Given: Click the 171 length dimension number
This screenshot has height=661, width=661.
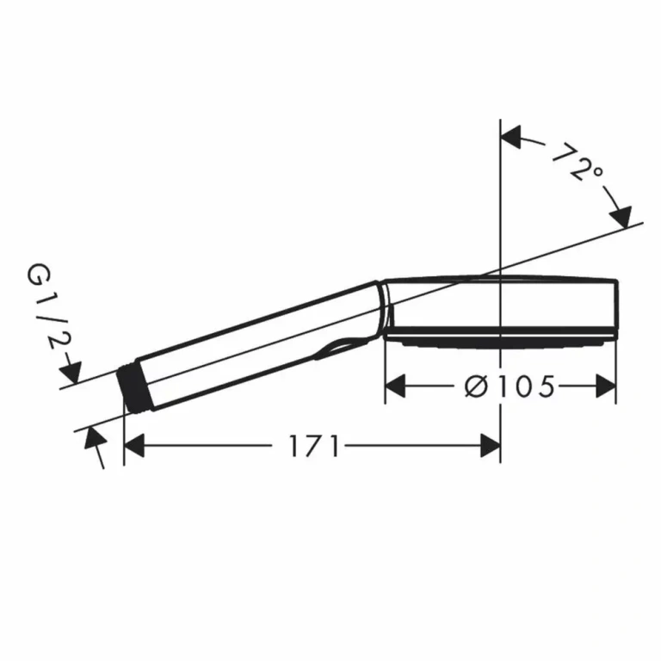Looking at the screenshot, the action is point(314,447).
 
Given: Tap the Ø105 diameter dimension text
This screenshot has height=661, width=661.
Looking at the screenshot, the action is point(510,386).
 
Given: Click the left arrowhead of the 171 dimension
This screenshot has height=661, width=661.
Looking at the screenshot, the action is point(134,446).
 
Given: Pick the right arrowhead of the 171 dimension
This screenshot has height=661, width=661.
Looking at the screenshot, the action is point(491,446).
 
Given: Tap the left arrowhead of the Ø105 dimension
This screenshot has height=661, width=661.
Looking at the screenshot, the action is point(395,386).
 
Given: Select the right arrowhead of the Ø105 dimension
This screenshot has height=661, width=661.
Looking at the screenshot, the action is point(606,386).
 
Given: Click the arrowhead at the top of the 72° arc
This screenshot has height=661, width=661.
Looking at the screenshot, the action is point(511,137).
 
